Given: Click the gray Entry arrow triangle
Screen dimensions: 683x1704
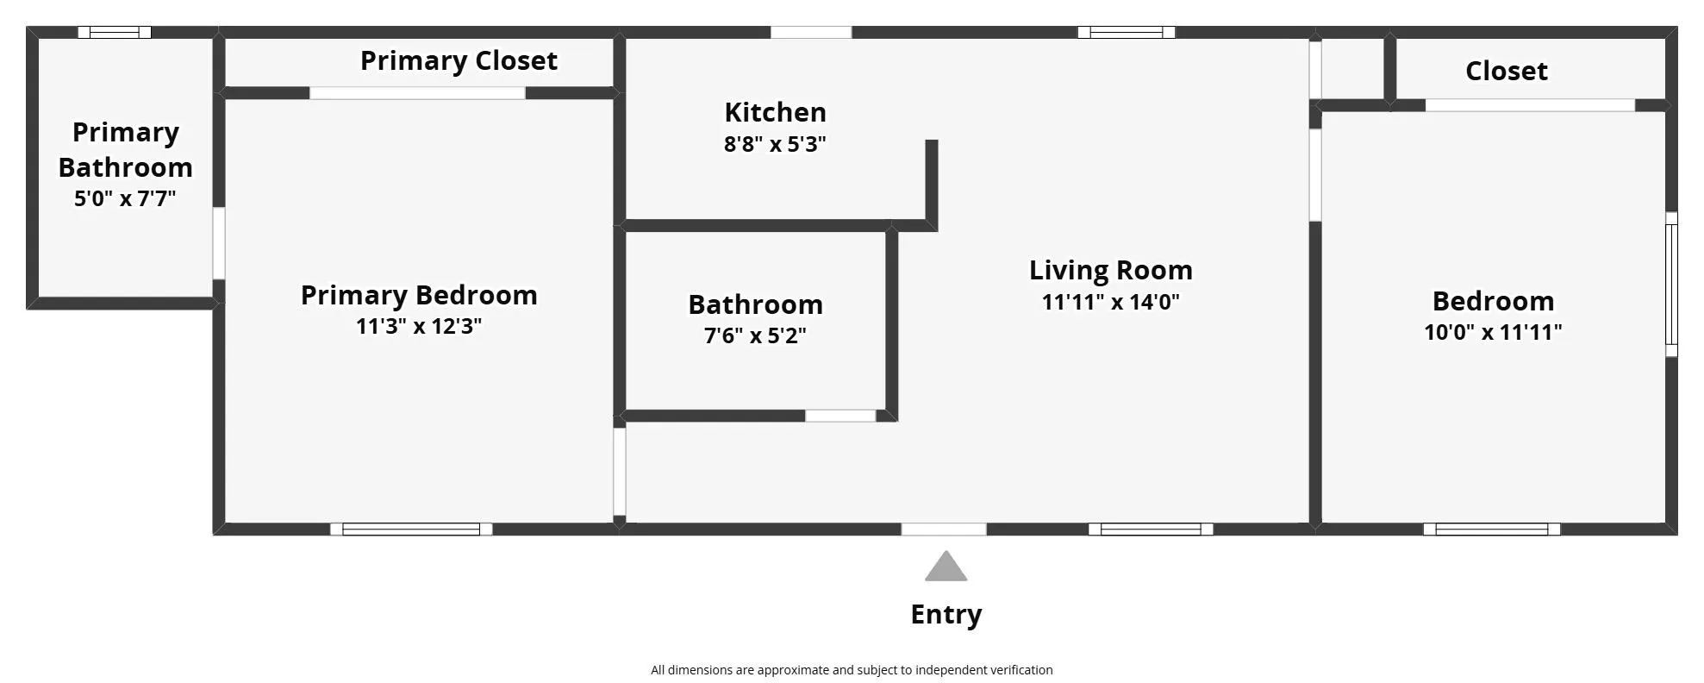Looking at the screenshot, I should [x=946, y=567].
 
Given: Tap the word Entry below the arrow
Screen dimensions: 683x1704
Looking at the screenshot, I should [x=946, y=614].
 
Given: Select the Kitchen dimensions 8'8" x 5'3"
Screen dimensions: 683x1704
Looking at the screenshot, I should [x=774, y=144].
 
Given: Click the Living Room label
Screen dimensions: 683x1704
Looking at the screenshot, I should [x=1110, y=270].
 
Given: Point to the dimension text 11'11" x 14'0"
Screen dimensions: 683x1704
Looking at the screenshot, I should [x=1110, y=302].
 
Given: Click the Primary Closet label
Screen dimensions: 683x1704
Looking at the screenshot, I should [x=459, y=61].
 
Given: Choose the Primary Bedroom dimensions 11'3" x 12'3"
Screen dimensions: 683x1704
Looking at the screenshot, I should [x=419, y=326].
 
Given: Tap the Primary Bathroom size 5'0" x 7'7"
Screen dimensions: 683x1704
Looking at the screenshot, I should [x=125, y=198].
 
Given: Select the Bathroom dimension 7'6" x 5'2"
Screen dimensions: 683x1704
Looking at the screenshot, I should [x=755, y=335].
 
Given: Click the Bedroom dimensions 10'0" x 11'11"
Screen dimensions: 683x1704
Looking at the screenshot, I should [x=1492, y=332].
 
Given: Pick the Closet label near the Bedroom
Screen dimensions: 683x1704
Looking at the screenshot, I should [x=1506, y=71].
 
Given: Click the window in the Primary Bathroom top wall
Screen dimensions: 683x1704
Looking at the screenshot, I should [x=115, y=33].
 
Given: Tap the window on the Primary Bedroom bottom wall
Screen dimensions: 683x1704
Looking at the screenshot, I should [x=411, y=529].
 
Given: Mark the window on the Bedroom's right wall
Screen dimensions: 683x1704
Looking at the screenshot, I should [x=1670, y=284].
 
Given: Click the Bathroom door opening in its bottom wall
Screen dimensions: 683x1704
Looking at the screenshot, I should [x=840, y=416].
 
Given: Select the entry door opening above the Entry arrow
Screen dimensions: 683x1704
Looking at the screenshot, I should [x=944, y=529].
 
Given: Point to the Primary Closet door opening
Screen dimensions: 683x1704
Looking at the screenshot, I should [x=417, y=93].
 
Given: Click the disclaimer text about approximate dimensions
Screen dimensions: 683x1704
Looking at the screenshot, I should [x=851, y=670].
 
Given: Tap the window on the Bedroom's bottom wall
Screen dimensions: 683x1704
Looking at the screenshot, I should [x=1491, y=529].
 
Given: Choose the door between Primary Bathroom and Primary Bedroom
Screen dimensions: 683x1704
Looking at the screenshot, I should [x=219, y=243].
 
